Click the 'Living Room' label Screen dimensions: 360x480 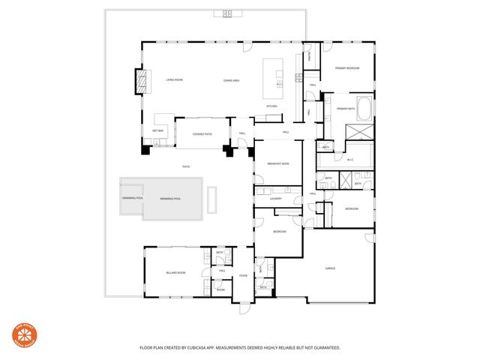(175, 79)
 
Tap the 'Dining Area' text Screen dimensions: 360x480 (231, 80)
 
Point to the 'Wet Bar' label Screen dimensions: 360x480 (158, 130)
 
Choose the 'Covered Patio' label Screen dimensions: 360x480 (202, 133)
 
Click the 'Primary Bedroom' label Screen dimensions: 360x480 (347, 68)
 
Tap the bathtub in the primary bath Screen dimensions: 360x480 (364, 109)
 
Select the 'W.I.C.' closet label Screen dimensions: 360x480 (350, 159)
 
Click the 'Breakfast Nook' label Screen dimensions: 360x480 (278, 163)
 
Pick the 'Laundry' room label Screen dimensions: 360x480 (275, 198)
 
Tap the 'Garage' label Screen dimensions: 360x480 (330, 268)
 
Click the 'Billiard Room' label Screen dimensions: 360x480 (176, 273)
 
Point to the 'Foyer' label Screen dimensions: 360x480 (243, 276)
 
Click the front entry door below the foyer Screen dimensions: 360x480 (244, 307)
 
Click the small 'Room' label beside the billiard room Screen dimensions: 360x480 (221, 289)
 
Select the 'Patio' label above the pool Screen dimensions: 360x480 (186, 166)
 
